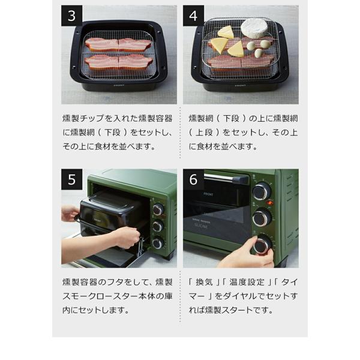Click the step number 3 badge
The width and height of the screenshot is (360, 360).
click(71, 17)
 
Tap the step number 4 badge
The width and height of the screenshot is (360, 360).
click(193, 17)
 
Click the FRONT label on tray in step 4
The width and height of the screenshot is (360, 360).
click(240, 85)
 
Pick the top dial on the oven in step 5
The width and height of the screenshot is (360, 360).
click(158, 209)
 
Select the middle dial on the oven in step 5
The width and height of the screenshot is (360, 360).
click(158, 226)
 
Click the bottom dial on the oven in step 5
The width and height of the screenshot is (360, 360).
click(158, 243)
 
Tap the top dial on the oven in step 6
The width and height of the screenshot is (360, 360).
click(262, 192)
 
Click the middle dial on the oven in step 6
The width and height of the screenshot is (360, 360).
click(262, 217)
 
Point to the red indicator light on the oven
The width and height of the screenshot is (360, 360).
click(270, 203)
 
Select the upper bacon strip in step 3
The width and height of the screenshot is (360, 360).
click(118, 44)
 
